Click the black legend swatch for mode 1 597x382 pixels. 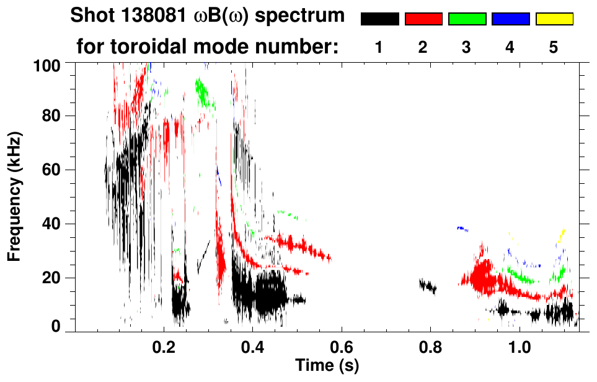(379, 19)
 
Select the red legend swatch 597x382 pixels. (423, 19)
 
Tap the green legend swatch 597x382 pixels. (467, 19)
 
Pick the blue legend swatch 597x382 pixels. (510, 19)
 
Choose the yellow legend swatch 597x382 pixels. (554, 19)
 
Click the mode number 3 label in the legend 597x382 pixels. (466, 47)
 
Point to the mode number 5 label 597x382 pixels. (554, 47)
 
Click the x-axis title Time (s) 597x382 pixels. (327, 365)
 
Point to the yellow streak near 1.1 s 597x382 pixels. (562, 234)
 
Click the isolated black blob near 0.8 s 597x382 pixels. (428, 286)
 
